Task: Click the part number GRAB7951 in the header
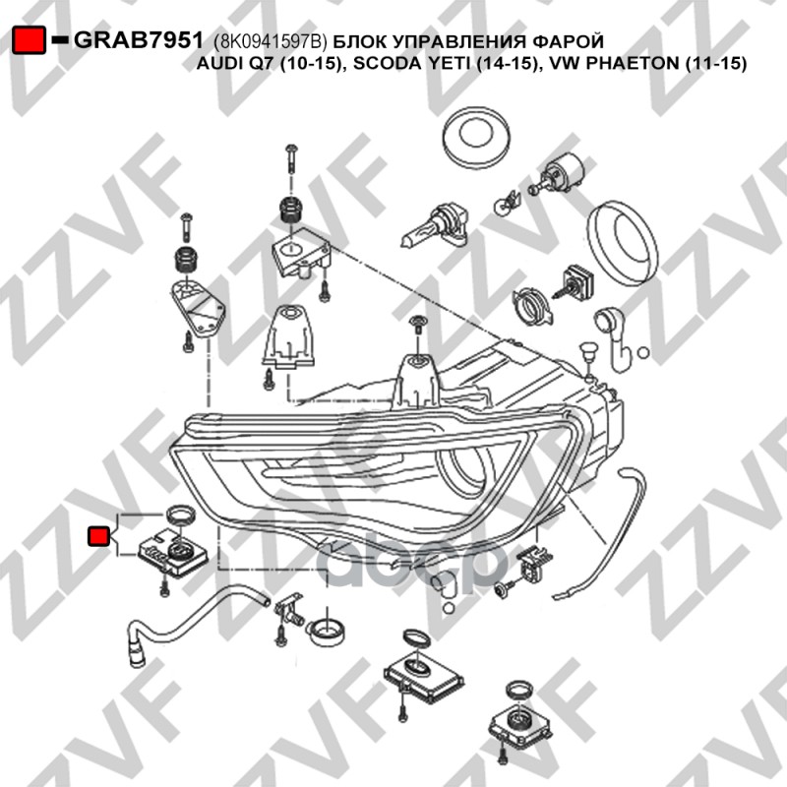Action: point(139,40)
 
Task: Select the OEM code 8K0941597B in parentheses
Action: point(271,42)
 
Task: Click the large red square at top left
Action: point(30,40)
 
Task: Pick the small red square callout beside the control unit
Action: point(98,535)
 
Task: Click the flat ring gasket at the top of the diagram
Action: point(476,134)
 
